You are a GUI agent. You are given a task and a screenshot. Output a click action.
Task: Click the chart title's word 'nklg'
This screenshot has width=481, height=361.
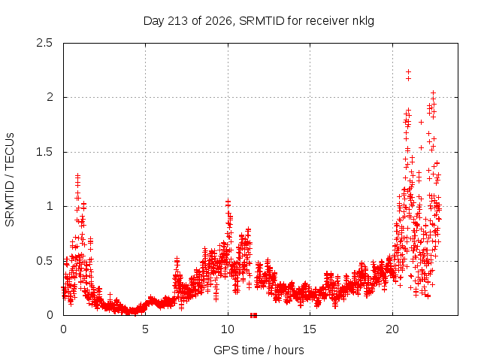click(x=363, y=22)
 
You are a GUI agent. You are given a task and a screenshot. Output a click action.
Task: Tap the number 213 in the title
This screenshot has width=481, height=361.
click(x=178, y=21)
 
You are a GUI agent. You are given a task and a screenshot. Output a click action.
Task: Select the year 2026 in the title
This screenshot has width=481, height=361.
click(x=219, y=21)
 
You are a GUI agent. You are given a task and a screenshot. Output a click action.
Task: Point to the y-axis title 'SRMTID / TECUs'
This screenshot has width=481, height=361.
click(x=10, y=180)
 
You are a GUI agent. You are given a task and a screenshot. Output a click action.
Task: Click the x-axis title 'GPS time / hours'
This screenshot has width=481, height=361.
click(x=259, y=350)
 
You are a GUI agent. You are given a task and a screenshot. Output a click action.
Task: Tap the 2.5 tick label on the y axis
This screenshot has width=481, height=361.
click(x=44, y=43)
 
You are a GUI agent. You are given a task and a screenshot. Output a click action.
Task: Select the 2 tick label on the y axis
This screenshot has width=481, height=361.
click(x=50, y=97)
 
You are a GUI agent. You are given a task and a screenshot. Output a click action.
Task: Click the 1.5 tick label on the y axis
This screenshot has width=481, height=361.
click(x=44, y=152)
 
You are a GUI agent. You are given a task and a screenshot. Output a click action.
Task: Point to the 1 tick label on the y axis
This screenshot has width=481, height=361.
click(x=50, y=206)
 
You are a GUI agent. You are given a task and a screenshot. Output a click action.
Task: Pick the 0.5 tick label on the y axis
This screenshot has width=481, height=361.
click(x=44, y=261)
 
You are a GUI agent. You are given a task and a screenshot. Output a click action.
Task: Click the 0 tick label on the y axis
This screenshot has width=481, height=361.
click(x=50, y=315)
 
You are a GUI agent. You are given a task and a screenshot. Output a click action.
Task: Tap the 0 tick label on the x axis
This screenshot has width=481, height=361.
click(x=63, y=329)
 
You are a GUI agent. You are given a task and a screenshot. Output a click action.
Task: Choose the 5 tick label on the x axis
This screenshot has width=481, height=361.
click(x=145, y=329)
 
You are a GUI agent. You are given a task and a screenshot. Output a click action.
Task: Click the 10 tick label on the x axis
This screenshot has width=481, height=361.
click(x=228, y=329)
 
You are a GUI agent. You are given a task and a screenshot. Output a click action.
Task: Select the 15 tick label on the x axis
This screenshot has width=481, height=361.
click(x=310, y=329)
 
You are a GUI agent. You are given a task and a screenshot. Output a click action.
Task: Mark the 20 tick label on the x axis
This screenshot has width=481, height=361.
click(x=392, y=329)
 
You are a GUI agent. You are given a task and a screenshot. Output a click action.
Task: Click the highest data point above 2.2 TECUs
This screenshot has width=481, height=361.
click(x=408, y=72)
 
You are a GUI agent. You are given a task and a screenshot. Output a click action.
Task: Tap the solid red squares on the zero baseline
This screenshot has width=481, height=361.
click(x=253, y=315)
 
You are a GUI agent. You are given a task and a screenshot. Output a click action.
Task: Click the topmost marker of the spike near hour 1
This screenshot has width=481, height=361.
click(x=77, y=175)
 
